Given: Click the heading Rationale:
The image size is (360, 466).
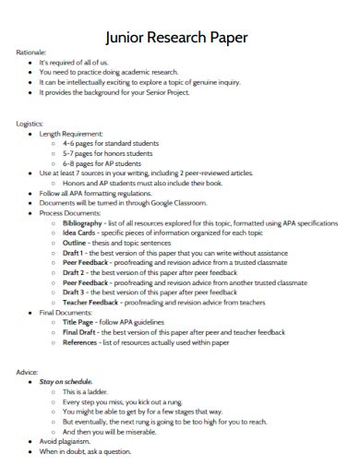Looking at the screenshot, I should point(32,54).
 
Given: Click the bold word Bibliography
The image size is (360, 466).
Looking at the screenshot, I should point(84,223).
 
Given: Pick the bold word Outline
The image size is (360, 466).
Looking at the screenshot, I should point(76,244).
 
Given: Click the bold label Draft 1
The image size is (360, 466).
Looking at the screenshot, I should point(75,254).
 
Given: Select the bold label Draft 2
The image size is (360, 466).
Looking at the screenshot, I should point(75,274).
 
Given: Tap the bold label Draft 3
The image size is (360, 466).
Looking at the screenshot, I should point(75,293).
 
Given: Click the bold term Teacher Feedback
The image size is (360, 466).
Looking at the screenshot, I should point(90,304).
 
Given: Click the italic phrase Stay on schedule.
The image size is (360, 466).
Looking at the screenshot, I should point(66,382).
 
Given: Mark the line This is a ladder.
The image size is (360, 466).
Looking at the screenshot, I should point(88,392).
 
